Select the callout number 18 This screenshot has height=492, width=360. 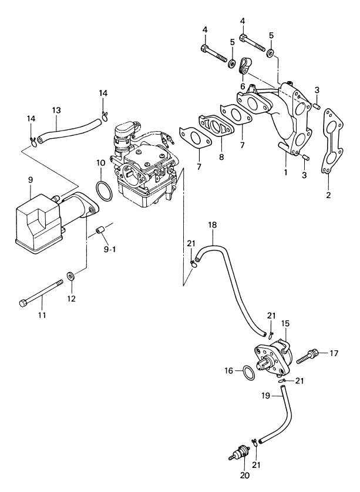tap(212, 225)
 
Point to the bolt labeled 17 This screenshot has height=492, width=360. tap(308, 356)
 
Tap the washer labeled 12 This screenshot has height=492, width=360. tap(71, 276)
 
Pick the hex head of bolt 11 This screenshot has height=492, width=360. tap(22, 303)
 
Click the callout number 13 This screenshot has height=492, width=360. tap(56, 111)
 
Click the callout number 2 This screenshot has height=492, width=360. tap(328, 195)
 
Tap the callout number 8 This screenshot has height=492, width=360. tap(222, 157)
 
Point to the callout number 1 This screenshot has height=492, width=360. tap(285, 172)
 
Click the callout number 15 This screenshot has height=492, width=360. tap(285, 323)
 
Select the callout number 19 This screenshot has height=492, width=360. tap(265, 396)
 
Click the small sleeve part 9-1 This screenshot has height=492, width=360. tap(99, 232)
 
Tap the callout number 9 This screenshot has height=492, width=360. tap(31, 180)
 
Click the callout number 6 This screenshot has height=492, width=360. tap(243, 86)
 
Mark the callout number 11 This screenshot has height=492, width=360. tap(42, 314)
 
